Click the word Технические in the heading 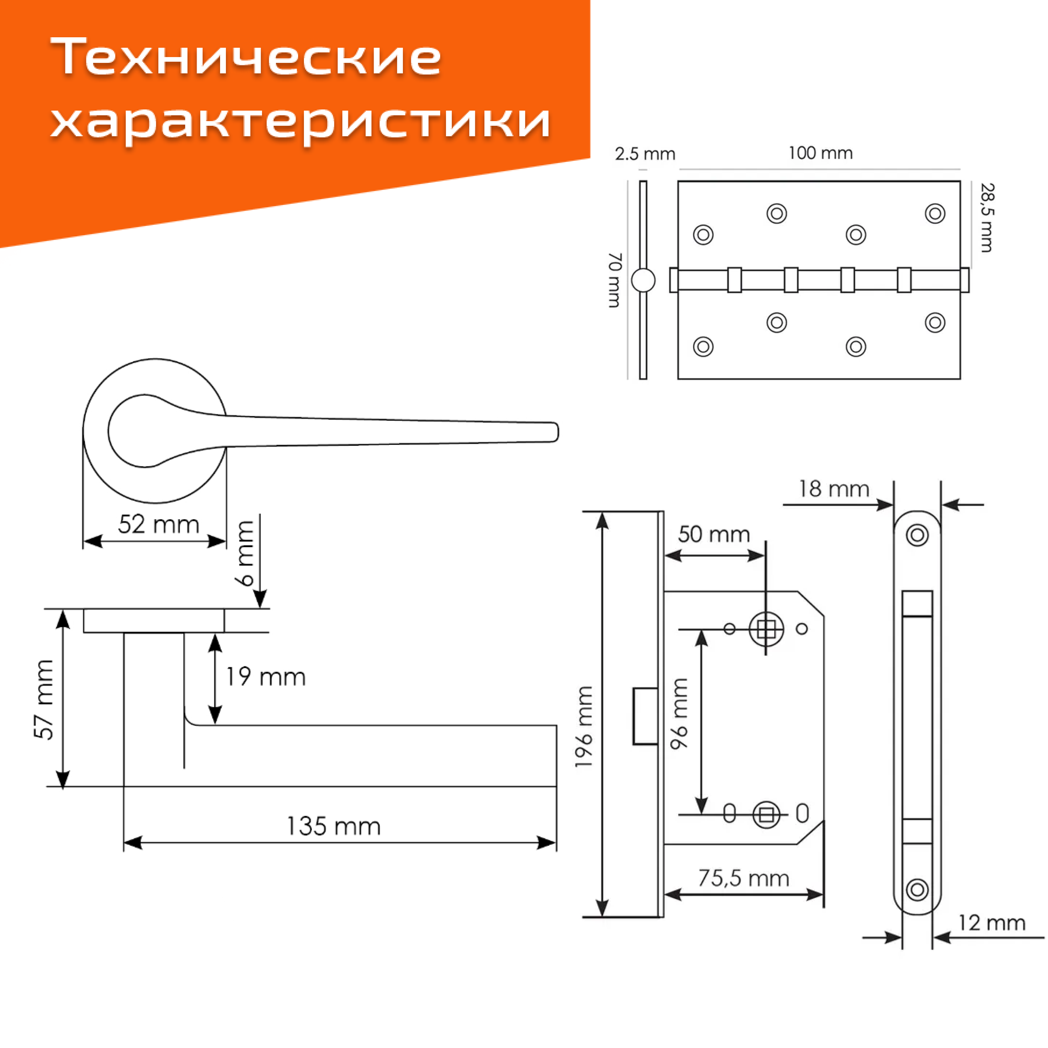pyautogui.click(x=246, y=57)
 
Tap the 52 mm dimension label pyautogui.click(x=158, y=525)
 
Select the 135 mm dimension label pyautogui.click(x=333, y=827)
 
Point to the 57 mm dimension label pyautogui.click(x=44, y=699)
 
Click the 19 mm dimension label pyautogui.click(x=265, y=677)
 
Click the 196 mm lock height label pyautogui.click(x=584, y=727)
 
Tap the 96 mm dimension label pyautogui.click(x=679, y=714)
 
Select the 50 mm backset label pyautogui.click(x=713, y=534)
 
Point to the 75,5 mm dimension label pyautogui.click(x=743, y=878)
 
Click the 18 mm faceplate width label pyautogui.click(x=834, y=489)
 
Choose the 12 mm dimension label pyautogui.click(x=991, y=923)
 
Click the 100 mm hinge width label pyautogui.click(x=820, y=153)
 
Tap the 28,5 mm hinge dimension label pyautogui.click(x=987, y=217)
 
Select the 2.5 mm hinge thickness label pyautogui.click(x=645, y=154)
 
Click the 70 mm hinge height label pyautogui.click(x=615, y=280)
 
